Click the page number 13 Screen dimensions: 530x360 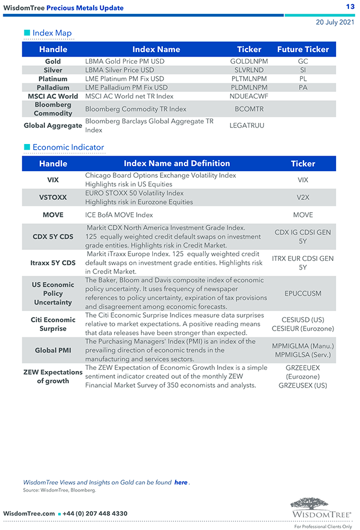click(350, 7)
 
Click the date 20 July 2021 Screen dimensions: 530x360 click(335, 22)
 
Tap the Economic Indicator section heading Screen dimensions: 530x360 click(68, 147)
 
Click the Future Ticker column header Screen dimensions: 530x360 click(303, 49)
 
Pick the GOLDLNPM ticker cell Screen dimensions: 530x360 click(249, 61)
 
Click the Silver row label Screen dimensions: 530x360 click(53, 70)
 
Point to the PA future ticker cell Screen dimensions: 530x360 click(303, 88)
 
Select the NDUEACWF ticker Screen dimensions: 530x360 click(249, 96)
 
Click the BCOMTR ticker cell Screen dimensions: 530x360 click(249, 109)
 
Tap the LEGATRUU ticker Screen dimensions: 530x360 click(247, 126)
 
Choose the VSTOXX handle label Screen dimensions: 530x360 click(53, 198)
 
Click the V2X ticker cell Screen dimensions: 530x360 click(303, 198)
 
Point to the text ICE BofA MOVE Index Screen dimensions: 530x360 click(119, 215)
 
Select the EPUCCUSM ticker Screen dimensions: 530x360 click(303, 294)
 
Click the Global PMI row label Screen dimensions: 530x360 click(53, 351)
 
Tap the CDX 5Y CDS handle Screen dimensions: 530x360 click(53, 237)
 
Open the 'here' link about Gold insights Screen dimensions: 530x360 click(181, 482)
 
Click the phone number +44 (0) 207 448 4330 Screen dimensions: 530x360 click(95, 514)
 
